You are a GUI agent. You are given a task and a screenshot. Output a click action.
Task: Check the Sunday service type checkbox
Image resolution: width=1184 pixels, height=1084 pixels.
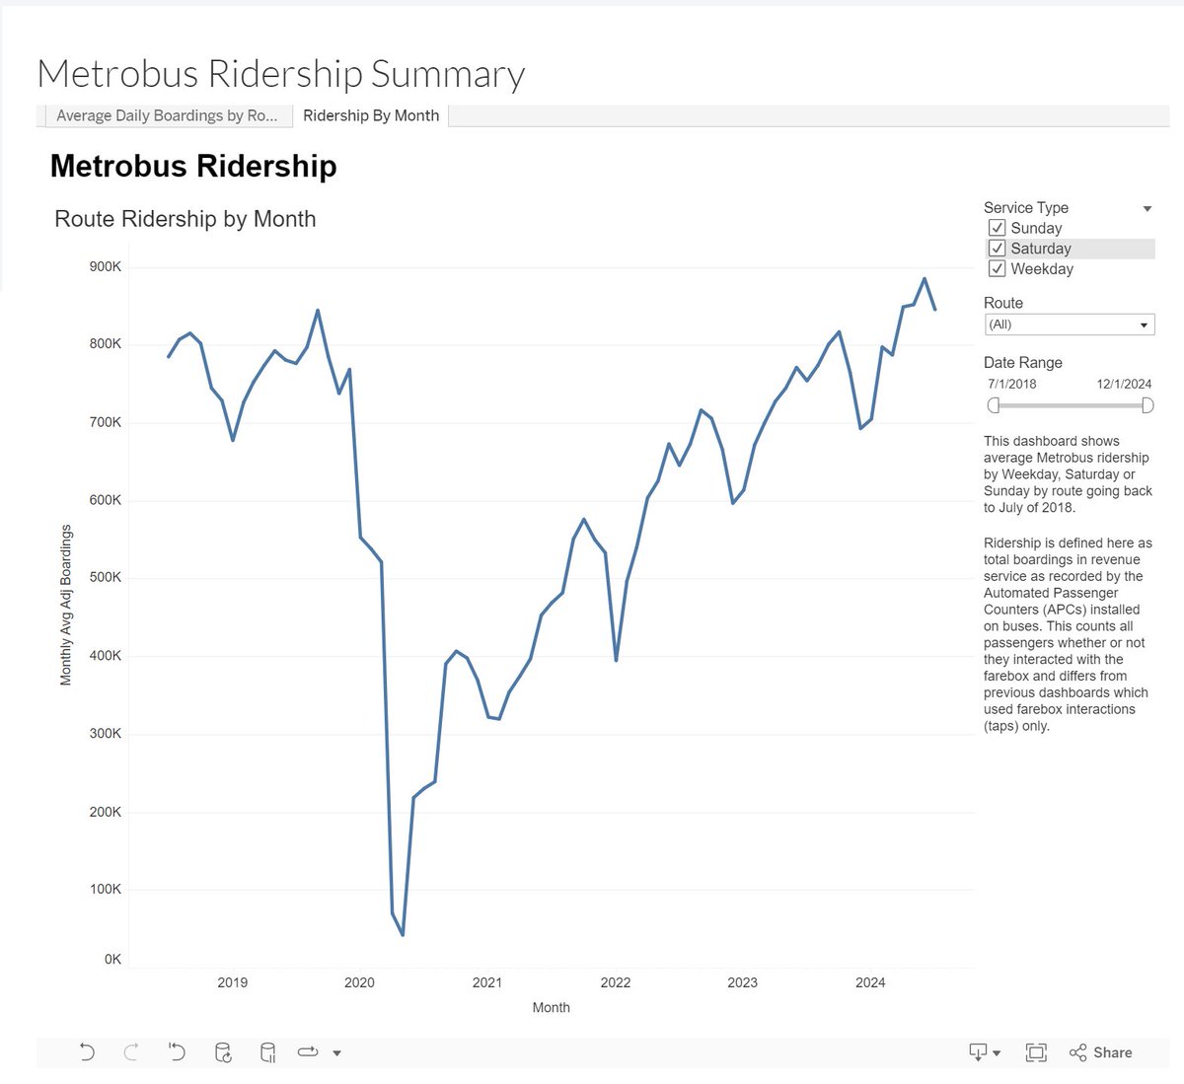click(x=998, y=228)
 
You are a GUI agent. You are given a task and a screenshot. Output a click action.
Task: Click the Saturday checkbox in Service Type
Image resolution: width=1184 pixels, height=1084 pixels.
click(x=998, y=249)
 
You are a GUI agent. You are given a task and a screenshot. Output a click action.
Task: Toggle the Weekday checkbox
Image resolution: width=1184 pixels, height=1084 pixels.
click(x=998, y=269)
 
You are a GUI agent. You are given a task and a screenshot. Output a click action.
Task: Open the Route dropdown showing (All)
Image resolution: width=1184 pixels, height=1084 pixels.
click(x=1069, y=325)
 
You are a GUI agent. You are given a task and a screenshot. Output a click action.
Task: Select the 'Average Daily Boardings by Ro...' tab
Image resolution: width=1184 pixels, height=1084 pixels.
click(x=166, y=115)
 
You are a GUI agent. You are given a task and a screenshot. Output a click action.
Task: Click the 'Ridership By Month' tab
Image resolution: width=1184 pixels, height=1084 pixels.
click(x=371, y=115)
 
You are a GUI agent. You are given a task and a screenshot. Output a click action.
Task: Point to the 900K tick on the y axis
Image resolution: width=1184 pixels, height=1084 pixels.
click(x=105, y=266)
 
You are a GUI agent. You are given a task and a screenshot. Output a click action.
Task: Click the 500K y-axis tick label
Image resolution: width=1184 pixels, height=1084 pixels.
click(x=105, y=577)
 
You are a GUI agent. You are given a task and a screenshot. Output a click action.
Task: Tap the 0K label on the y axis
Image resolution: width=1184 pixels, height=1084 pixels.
click(x=112, y=959)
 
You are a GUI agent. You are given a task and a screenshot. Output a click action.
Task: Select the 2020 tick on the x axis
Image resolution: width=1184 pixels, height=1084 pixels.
click(x=359, y=982)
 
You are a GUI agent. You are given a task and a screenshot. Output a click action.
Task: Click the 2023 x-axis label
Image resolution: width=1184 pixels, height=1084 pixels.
click(x=742, y=982)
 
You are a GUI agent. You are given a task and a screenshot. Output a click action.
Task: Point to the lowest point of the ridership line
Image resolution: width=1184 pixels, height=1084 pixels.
click(x=403, y=934)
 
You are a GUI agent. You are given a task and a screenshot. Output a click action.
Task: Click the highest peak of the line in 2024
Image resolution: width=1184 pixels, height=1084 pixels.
click(x=925, y=278)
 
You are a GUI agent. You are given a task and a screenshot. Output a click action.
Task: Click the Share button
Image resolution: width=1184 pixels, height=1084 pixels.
click(x=1101, y=1052)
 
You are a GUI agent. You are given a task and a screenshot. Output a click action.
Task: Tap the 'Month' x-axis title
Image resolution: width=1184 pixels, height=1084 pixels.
click(x=551, y=1007)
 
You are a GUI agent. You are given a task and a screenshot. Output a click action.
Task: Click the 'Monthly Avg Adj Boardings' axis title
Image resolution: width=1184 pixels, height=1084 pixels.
click(x=66, y=605)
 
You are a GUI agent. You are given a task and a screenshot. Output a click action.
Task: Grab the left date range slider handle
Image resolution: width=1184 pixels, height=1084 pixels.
click(x=994, y=405)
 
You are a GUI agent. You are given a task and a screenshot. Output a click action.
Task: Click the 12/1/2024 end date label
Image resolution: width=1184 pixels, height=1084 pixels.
click(x=1124, y=384)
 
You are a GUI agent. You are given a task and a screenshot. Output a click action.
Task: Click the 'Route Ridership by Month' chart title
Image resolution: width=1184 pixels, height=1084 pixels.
click(x=185, y=219)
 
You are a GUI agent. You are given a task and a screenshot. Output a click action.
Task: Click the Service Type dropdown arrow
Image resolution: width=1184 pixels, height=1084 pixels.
click(x=1147, y=208)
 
